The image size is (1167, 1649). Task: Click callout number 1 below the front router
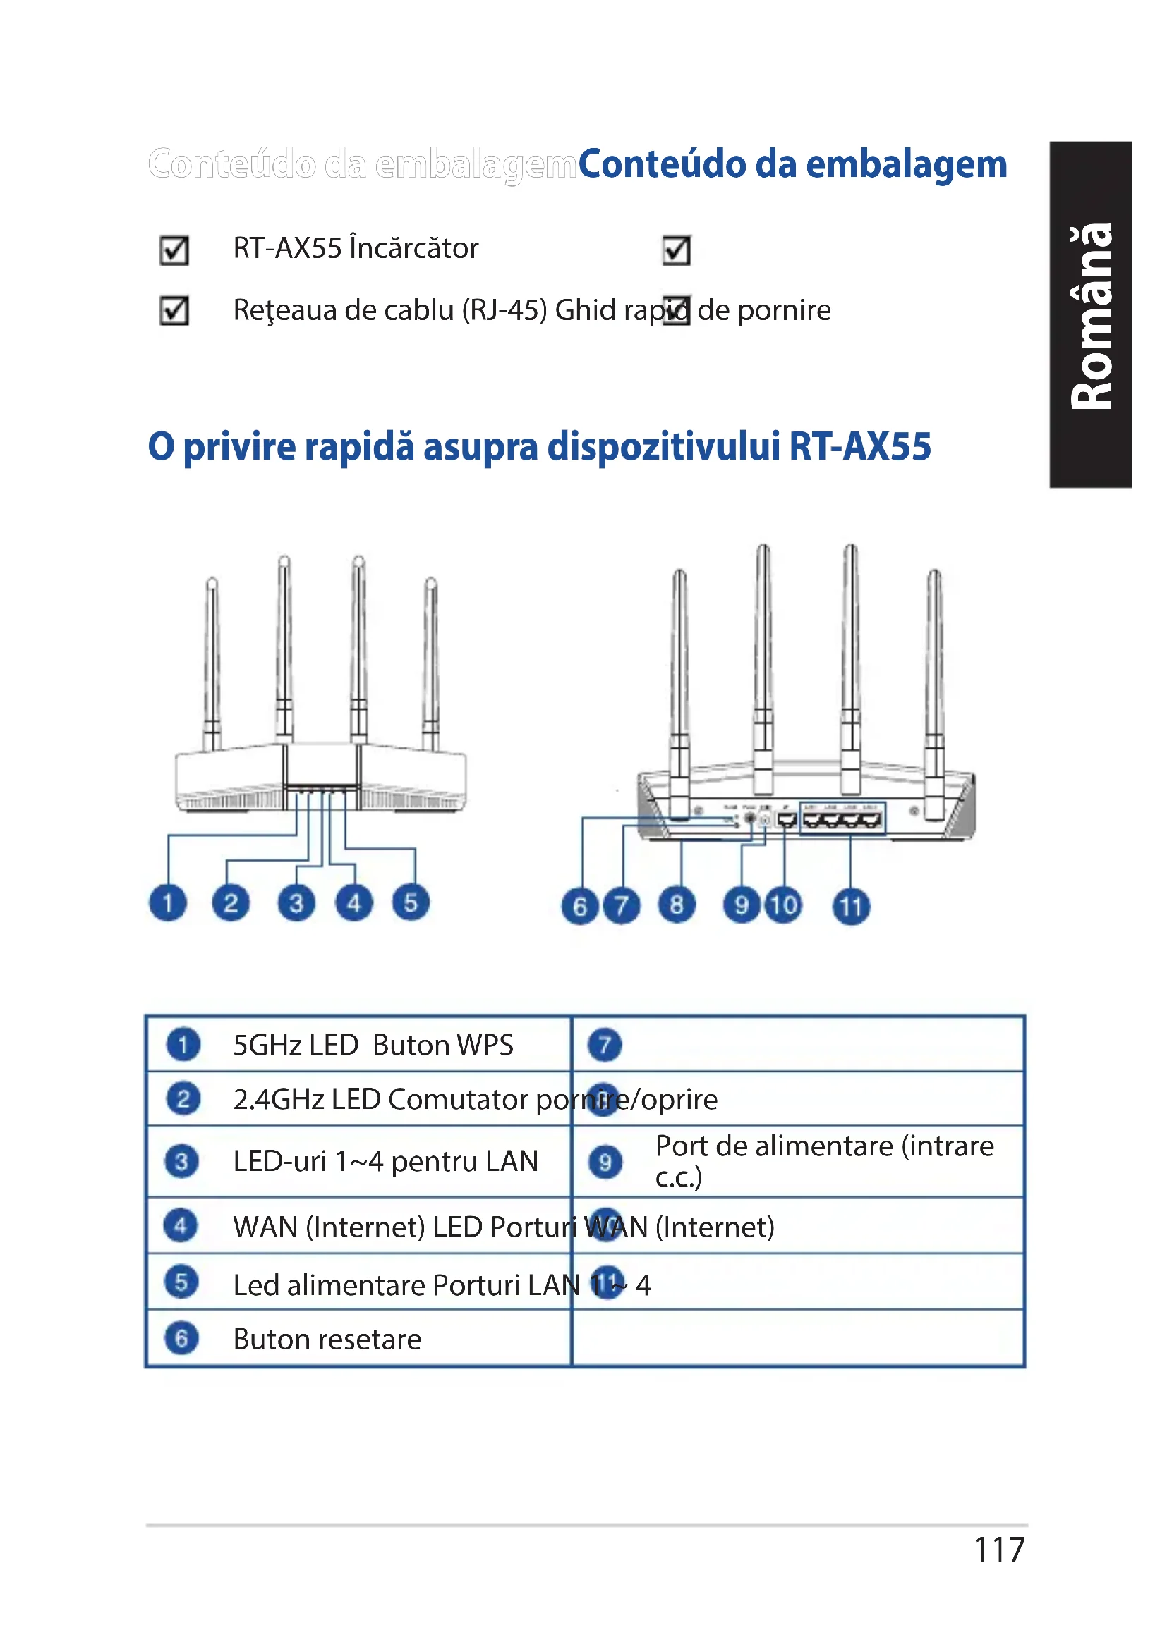pyautogui.click(x=167, y=903)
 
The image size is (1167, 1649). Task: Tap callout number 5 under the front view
pyautogui.click(x=411, y=903)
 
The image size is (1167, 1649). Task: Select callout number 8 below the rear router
pyautogui.click(x=676, y=905)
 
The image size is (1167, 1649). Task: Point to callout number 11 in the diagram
pyautogui.click(x=851, y=907)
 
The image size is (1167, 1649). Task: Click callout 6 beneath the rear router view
pyautogui.click(x=580, y=907)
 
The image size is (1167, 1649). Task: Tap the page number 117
pyautogui.click(x=999, y=1550)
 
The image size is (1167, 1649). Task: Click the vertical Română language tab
pyautogui.click(x=1091, y=315)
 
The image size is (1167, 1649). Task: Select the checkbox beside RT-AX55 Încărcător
pyautogui.click(x=174, y=250)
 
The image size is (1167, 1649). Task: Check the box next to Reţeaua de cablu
pyautogui.click(x=174, y=310)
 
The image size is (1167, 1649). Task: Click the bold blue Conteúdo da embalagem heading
pyautogui.click(x=792, y=164)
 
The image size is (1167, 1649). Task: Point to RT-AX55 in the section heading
pyautogui.click(x=859, y=446)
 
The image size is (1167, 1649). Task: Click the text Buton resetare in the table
pyautogui.click(x=327, y=1340)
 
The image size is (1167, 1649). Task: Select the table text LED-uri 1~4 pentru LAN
pyautogui.click(x=385, y=1161)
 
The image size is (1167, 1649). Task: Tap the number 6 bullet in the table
pyautogui.click(x=181, y=1339)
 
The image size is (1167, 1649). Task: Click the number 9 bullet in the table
pyautogui.click(x=605, y=1161)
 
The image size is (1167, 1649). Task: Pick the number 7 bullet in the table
pyautogui.click(x=605, y=1045)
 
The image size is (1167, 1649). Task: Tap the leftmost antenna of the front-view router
pyautogui.click(x=212, y=661)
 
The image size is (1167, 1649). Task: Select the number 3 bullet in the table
pyautogui.click(x=181, y=1161)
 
